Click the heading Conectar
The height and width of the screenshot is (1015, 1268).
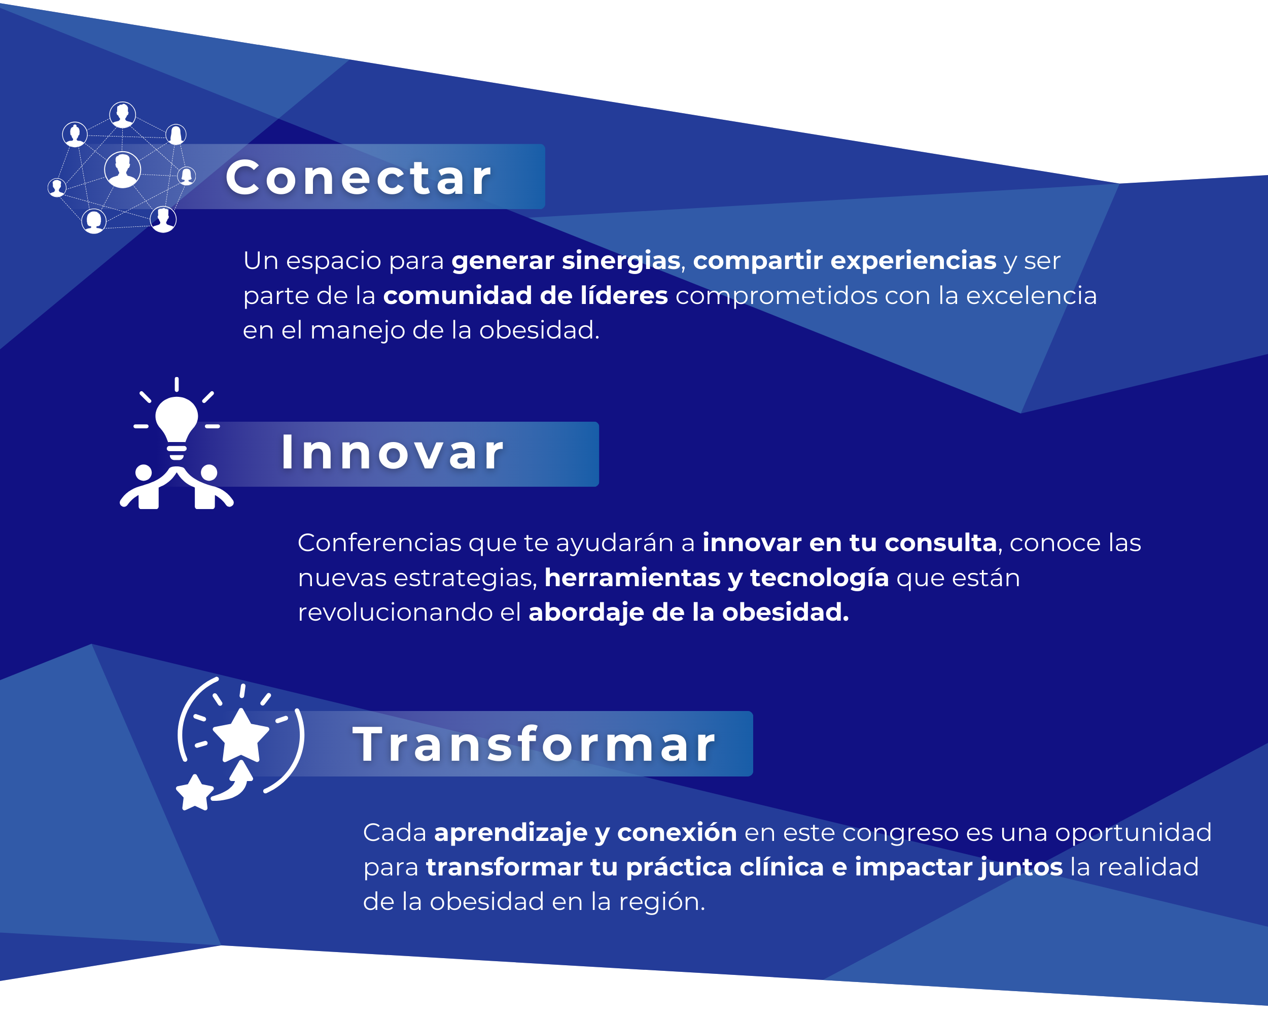(358, 177)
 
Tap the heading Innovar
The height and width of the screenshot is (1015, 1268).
(392, 453)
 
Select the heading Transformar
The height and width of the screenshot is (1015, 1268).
(534, 745)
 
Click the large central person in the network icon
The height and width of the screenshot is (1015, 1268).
(122, 170)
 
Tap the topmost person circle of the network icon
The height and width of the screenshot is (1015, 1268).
(122, 114)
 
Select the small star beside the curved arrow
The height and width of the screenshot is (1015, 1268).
(195, 792)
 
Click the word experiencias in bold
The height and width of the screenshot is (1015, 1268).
(913, 261)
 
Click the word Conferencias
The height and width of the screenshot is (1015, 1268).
(379, 543)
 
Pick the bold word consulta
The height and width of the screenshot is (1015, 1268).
(940, 543)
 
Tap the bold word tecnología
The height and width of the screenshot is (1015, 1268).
(819, 579)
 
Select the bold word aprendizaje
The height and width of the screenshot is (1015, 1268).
(510, 833)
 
